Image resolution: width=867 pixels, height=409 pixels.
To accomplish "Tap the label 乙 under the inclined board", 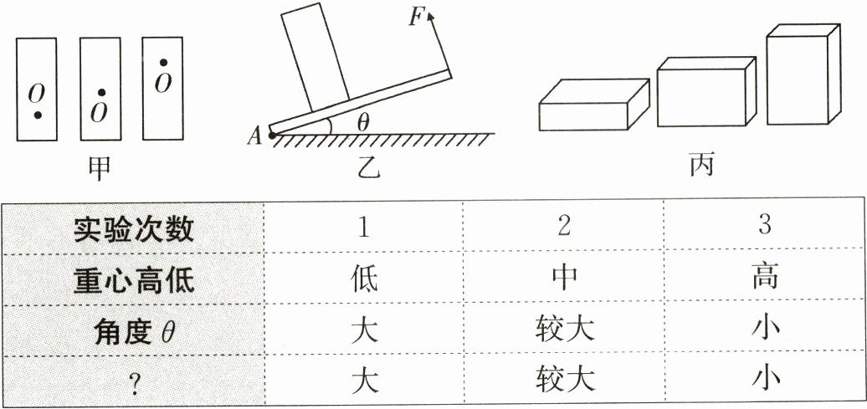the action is tap(367, 169).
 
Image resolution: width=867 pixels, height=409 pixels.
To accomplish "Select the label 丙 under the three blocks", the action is tap(701, 167).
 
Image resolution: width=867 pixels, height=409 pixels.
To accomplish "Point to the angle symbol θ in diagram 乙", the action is tap(362, 122).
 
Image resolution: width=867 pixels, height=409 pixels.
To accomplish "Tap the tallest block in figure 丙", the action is tap(802, 75).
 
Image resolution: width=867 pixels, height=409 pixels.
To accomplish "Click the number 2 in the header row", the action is tap(564, 228).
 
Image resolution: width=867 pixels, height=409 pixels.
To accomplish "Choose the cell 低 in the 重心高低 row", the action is tap(365, 279).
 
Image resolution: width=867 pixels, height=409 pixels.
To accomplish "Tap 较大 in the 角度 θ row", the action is tap(565, 330).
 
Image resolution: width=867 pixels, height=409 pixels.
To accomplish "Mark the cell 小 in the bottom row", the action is tap(765, 381).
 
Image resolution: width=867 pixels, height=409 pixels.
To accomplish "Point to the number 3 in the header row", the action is tap(764, 227).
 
